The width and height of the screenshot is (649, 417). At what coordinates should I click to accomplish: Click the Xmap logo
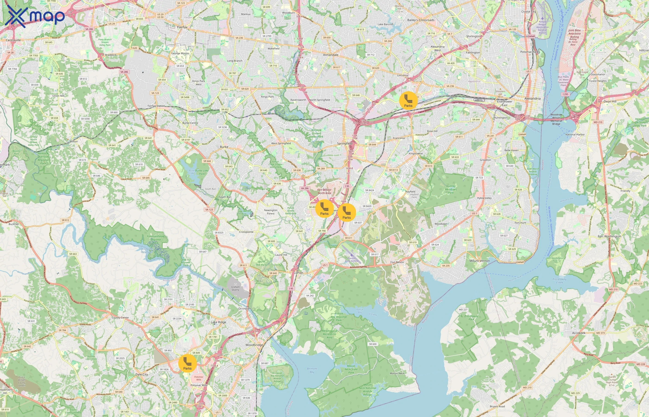click(x=35, y=16)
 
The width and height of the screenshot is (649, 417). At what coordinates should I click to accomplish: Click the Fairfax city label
click(x=182, y=27)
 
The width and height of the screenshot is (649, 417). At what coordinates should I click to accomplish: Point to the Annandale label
click(x=331, y=55)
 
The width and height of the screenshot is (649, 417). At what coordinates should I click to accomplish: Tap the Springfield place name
click(x=344, y=143)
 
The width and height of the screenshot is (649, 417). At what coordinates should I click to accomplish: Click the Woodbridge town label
click(x=254, y=345)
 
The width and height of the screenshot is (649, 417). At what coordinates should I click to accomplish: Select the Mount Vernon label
click(x=479, y=261)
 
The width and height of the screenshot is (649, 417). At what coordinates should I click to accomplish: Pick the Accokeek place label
click(x=579, y=333)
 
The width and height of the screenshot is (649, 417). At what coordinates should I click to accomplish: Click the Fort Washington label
click(x=609, y=236)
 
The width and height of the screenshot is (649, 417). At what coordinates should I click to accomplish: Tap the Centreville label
click(x=13, y=40)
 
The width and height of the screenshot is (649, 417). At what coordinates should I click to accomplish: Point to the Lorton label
click(x=299, y=273)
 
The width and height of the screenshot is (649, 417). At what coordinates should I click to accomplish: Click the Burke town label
click(x=224, y=147)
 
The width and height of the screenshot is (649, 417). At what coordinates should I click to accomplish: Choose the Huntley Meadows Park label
click(x=451, y=190)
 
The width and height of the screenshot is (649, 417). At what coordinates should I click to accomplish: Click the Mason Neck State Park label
click(x=351, y=369)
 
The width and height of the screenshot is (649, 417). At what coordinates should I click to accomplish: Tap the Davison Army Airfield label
click(x=352, y=259)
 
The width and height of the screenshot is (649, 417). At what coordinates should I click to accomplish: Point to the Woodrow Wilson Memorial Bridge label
click(x=556, y=119)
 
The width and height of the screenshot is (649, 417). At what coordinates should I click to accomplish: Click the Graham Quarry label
click(x=235, y=288)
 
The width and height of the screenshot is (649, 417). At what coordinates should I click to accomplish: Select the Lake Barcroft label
click(x=385, y=24)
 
